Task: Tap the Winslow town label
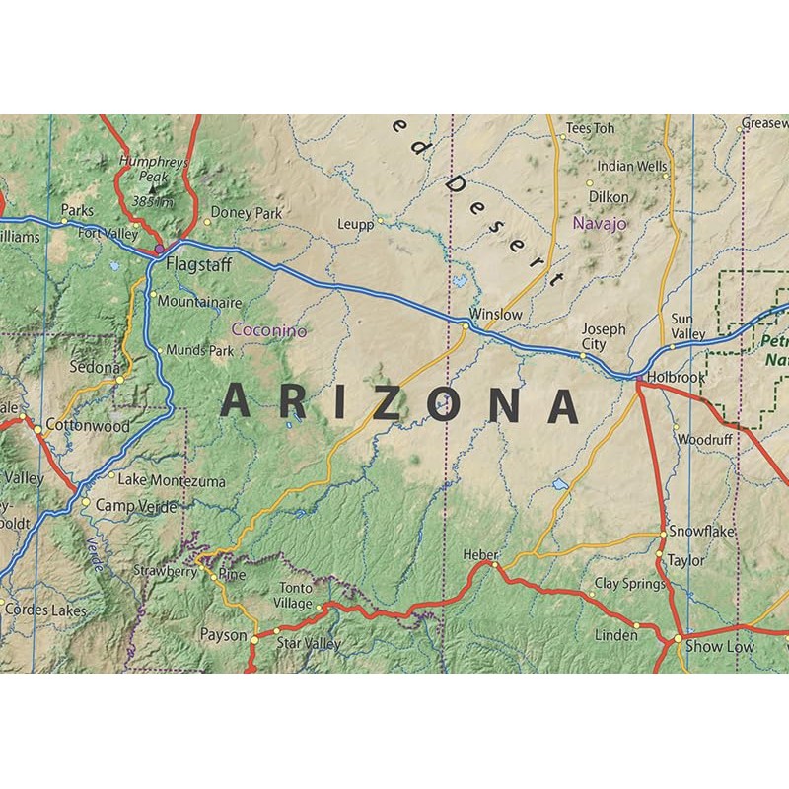tap(495, 314)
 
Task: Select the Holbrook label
tap(677, 377)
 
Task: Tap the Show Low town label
tap(719, 647)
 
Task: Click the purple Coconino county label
tap(268, 331)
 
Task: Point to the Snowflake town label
tap(702, 531)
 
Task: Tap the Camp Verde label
tap(136, 507)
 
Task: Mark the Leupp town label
tap(355, 224)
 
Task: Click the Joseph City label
tap(603, 337)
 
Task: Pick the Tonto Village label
tap(293, 595)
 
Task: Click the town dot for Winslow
tap(466, 324)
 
